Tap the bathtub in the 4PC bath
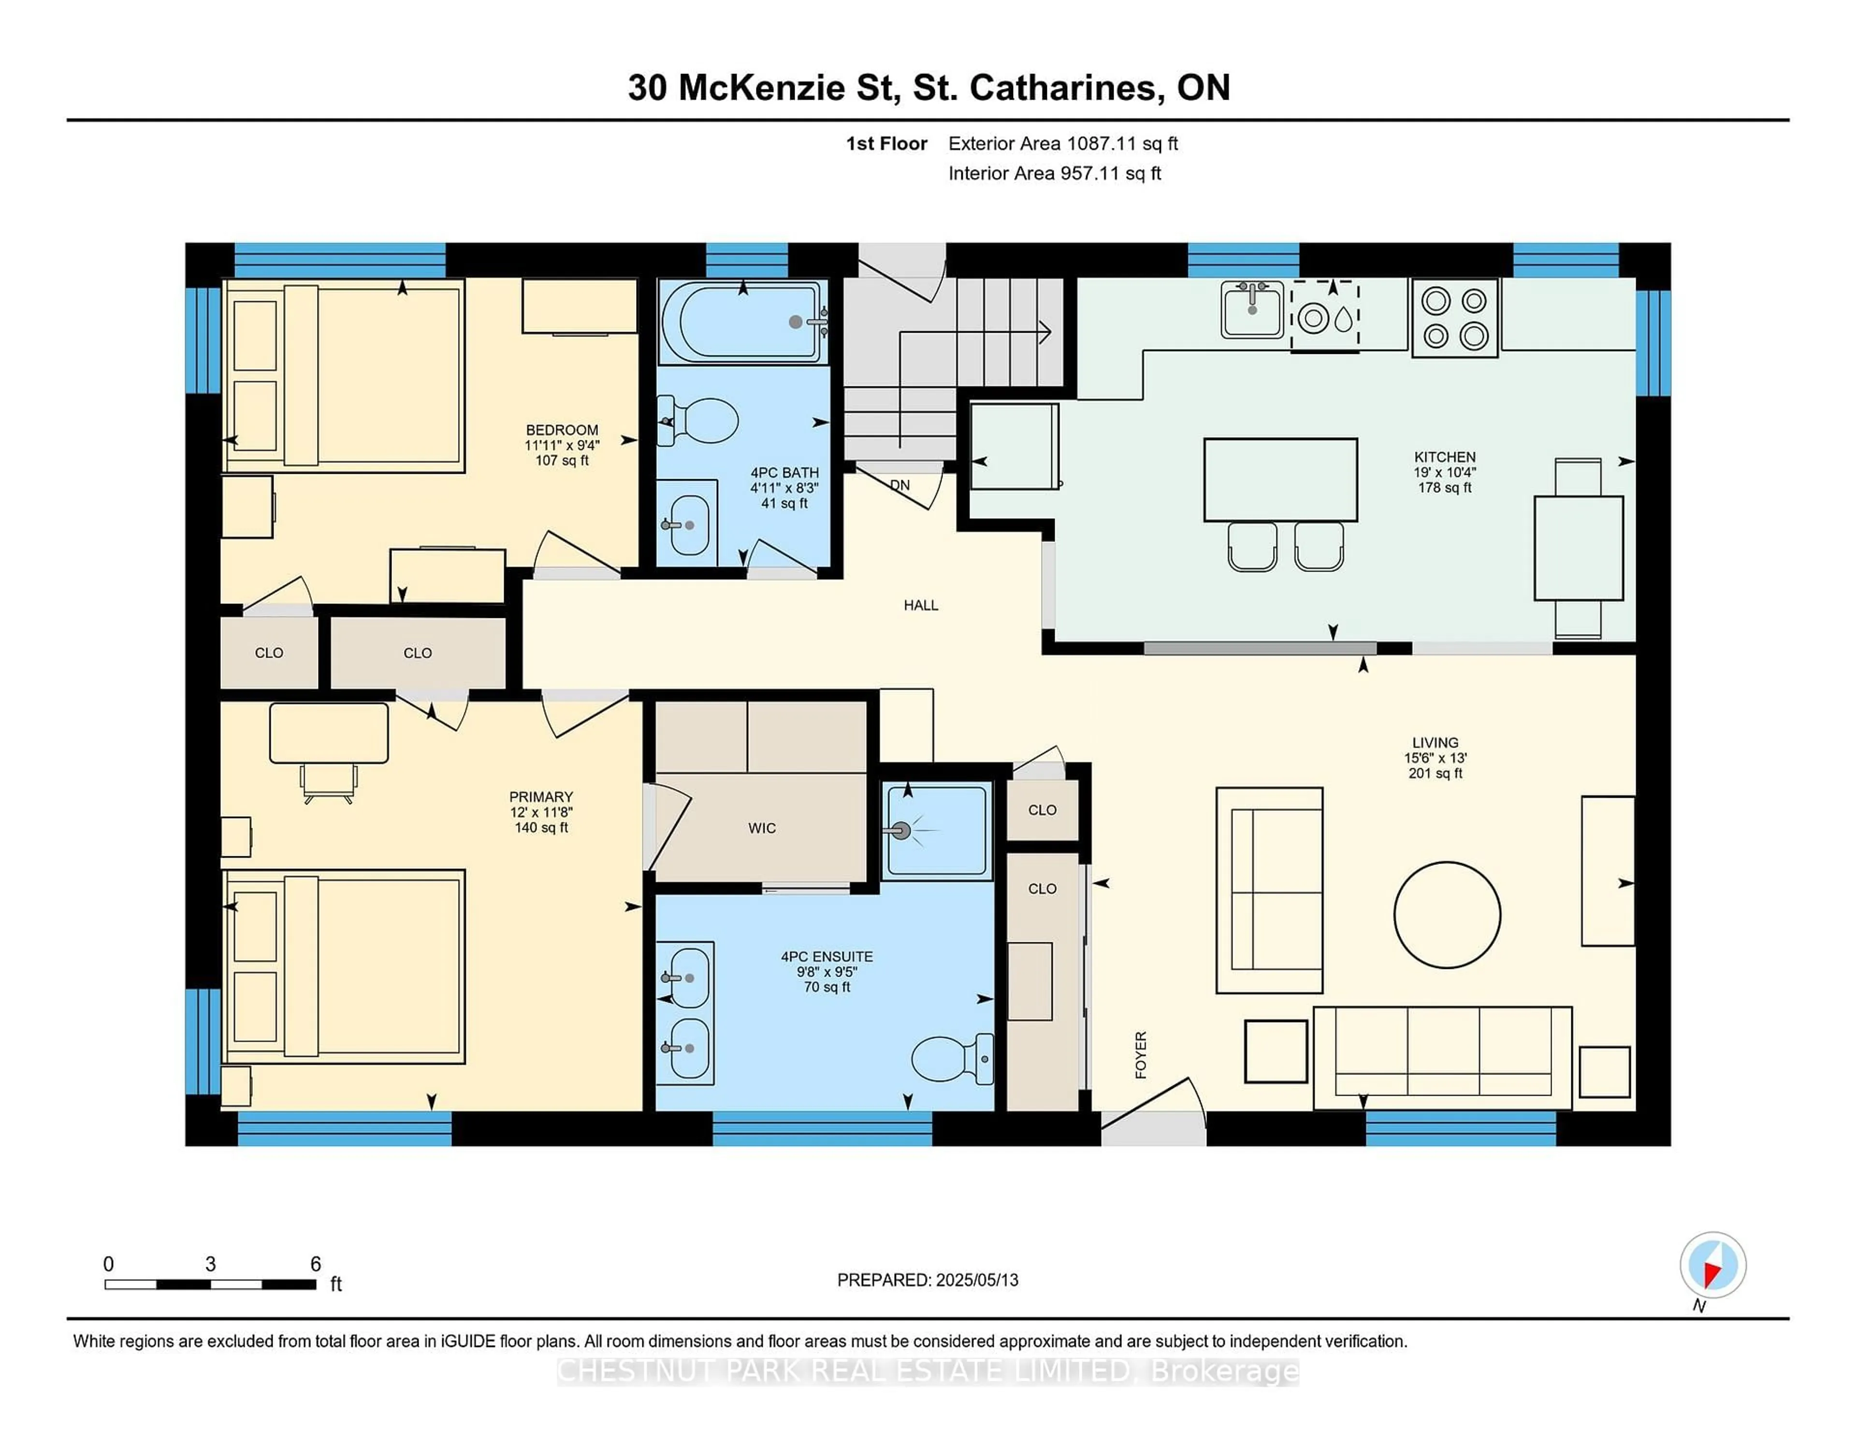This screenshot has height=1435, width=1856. (x=741, y=322)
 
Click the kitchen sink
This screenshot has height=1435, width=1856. (x=1252, y=309)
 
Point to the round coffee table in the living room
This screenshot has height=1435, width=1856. (x=1447, y=915)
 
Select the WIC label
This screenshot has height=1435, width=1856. (x=761, y=828)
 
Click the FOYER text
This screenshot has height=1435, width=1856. (x=1141, y=1055)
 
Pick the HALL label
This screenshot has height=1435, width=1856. (x=920, y=605)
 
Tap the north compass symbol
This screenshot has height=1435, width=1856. (x=1712, y=1265)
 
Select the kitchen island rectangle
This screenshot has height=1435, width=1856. (x=1280, y=480)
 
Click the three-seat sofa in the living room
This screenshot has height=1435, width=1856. (x=1442, y=1057)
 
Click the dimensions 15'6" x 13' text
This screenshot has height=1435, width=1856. (x=1435, y=758)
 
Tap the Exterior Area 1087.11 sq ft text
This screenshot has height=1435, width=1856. (x=1062, y=144)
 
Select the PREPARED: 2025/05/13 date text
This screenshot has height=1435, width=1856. (x=927, y=1279)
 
